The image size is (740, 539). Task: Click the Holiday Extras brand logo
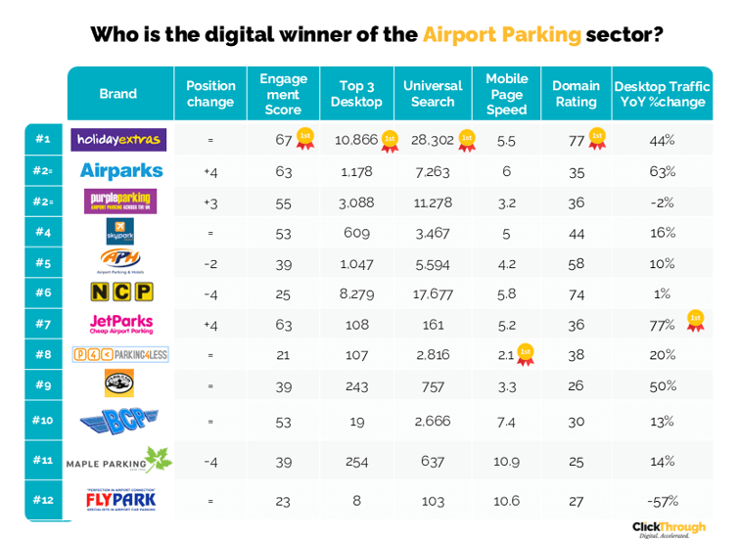click(x=120, y=140)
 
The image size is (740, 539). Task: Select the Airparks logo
click(x=120, y=171)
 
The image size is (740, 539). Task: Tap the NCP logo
click(x=119, y=292)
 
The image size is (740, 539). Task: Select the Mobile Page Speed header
click(x=506, y=94)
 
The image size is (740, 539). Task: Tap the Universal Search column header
click(x=433, y=94)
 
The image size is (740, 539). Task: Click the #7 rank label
click(x=42, y=324)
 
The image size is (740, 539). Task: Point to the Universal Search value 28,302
click(x=432, y=140)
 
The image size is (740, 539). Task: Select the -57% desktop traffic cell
click(x=663, y=501)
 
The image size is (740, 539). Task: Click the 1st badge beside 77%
click(x=696, y=320)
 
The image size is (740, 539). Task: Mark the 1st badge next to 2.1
click(x=525, y=352)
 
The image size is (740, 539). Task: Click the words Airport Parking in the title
click(x=501, y=35)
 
